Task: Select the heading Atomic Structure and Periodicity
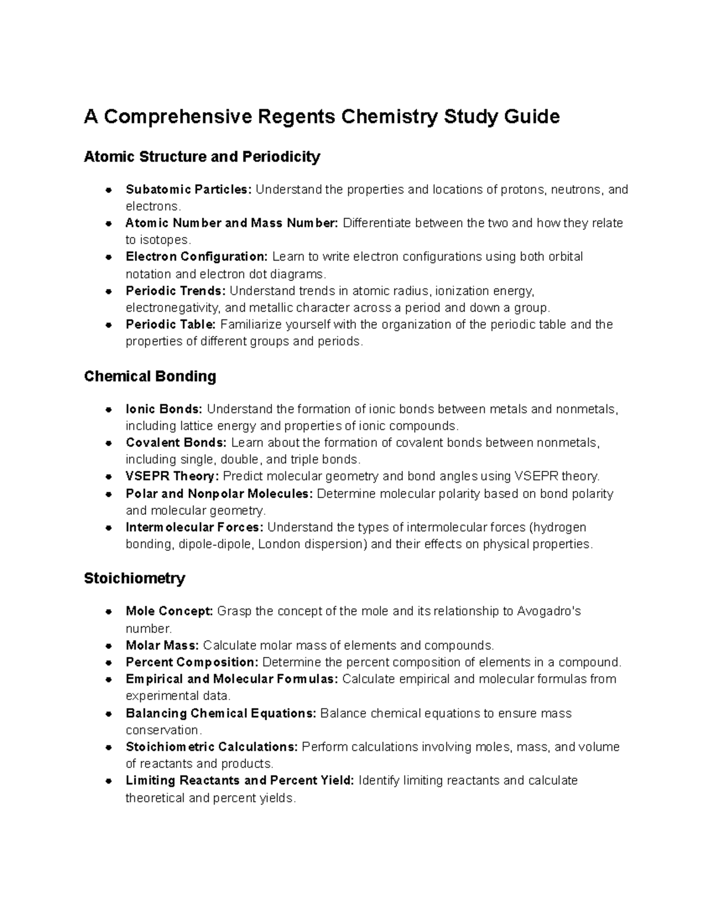click(202, 157)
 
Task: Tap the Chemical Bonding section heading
click(150, 376)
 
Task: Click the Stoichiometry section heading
click(134, 578)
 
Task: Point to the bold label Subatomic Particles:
click(188, 189)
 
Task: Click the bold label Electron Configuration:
click(197, 256)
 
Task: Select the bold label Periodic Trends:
click(175, 291)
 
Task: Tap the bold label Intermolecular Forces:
click(194, 527)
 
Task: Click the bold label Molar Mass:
click(162, 645)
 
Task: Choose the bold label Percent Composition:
click(192, 662)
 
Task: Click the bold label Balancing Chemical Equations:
click(221, 713)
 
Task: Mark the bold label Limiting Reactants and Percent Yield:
click(240, 781)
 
